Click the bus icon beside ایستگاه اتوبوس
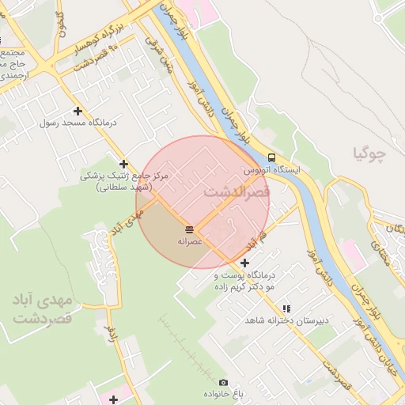click(x=271, y=157)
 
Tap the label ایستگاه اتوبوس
click(x=272, y=170)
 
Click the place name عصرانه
click(x=191, y=240)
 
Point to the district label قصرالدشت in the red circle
click(x=237, y=192)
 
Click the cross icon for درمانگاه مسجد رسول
click(x=78, y=112)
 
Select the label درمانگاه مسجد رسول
click(x=78, y=124)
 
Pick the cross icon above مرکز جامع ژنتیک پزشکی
click(x=123, y=164)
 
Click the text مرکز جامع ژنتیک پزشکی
click(x=125, y=176)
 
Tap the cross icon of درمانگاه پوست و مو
click(x=244, y=263)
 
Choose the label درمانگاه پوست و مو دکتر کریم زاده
click(x=244, y=281)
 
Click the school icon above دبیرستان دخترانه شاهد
click(x=286, y=308)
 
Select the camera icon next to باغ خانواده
click(x=222, y=383)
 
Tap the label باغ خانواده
click(x=222, y=394)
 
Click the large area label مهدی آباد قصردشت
click(x=43, y=309)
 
